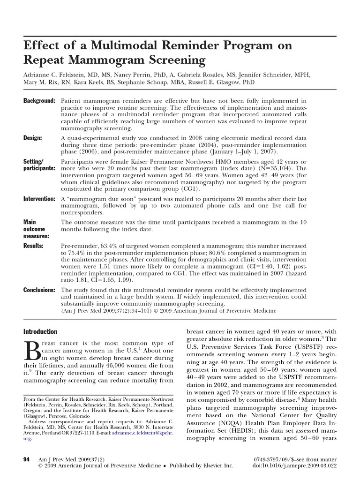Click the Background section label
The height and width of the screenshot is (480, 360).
coord(40,101)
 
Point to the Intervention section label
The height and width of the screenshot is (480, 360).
coord(40,199)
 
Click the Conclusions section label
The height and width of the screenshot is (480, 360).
coord(40,290)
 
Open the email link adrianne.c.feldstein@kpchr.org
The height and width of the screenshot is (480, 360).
coord(142,433)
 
